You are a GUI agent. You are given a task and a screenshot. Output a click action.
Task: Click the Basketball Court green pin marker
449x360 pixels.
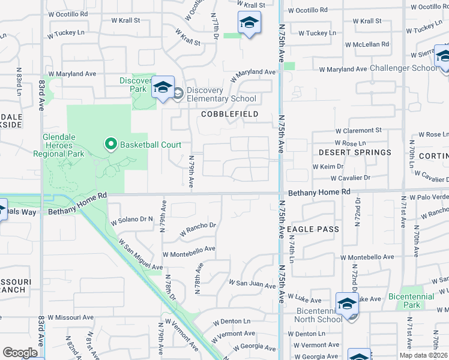tap(110, 144)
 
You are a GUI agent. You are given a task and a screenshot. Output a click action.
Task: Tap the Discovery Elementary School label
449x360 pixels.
tap(221, 95)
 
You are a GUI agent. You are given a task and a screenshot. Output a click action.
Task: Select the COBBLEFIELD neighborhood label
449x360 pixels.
tap(229, 114)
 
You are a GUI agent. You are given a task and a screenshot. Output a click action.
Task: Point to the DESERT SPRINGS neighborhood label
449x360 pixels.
tap(355, 152)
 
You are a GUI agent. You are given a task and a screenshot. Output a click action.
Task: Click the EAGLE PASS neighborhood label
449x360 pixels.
tap(313, 229)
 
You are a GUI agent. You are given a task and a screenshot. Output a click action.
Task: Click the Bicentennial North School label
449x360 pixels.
tap(320, 315)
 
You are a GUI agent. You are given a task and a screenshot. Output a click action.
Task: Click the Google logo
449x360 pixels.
tap(20, 352)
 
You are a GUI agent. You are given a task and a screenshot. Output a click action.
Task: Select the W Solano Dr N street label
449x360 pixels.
tap(133, 221)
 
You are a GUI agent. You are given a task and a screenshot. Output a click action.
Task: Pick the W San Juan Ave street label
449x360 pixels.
tap(252, 283)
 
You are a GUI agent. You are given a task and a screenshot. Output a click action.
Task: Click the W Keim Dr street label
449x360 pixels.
tap(328, 166)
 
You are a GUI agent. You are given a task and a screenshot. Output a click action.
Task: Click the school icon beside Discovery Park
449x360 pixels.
tap(162, 88)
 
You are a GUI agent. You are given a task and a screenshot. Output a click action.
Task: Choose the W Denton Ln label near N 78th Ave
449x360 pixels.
tap(231, 321)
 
